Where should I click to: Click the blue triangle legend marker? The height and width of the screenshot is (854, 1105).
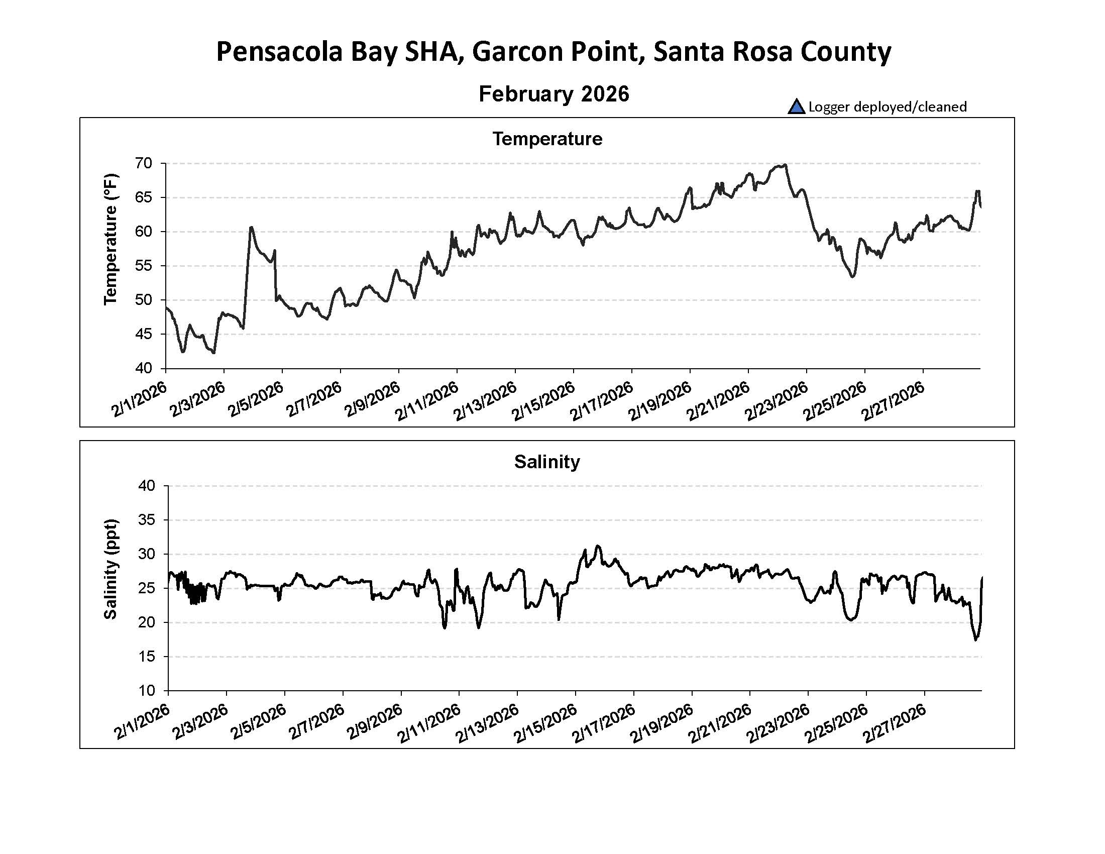[796, 106]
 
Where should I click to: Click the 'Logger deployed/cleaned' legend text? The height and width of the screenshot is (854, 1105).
[888, 106]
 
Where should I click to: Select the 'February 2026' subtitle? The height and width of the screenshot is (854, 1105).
[554, 94]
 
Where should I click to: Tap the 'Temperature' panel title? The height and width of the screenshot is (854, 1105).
[547, 139]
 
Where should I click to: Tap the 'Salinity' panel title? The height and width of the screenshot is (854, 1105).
[547, 461]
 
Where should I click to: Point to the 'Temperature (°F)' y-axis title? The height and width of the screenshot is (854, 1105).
[111, 239]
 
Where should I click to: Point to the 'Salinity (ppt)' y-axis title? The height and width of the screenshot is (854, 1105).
[111, 569]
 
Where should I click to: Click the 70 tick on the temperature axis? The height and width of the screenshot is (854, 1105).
[144, 163]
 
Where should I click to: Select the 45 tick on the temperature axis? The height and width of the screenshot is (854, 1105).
[144, 334]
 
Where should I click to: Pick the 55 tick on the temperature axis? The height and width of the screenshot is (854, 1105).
[144, 266]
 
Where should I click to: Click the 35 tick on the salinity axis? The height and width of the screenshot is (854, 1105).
[147, 520]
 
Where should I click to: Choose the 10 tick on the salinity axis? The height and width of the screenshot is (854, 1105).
[147, 691]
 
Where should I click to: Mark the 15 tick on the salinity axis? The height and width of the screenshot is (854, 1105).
[147, 657]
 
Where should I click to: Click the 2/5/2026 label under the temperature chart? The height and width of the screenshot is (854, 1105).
[256, 399]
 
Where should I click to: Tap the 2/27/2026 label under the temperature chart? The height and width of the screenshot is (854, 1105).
[894, 399]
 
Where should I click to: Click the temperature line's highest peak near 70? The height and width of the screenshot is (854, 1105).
[784, 165]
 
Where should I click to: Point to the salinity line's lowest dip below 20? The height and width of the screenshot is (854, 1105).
[976, 640]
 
